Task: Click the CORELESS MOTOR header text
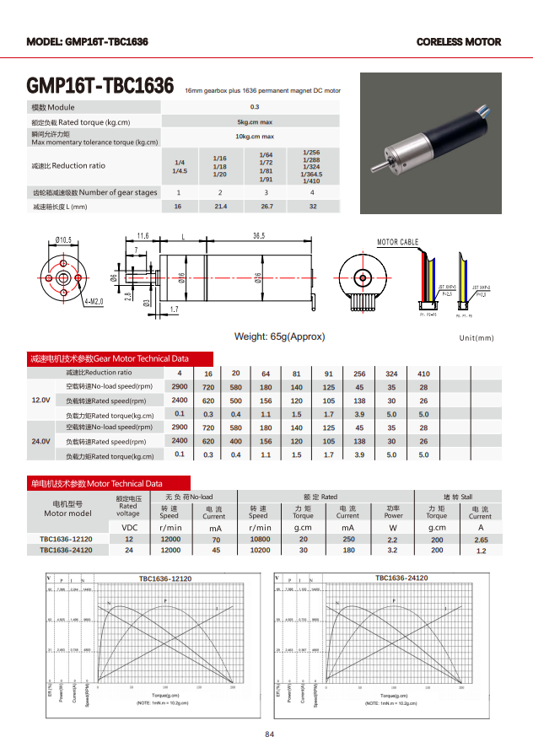458,41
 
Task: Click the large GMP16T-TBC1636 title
100,87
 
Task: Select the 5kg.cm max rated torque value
255,122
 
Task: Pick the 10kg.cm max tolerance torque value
255,137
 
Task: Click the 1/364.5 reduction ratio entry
311,174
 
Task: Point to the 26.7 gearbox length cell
266,206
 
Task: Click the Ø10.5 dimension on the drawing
63,239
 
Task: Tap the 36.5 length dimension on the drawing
259,235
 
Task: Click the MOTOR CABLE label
397,242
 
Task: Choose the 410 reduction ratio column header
423,374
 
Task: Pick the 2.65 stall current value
481,540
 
